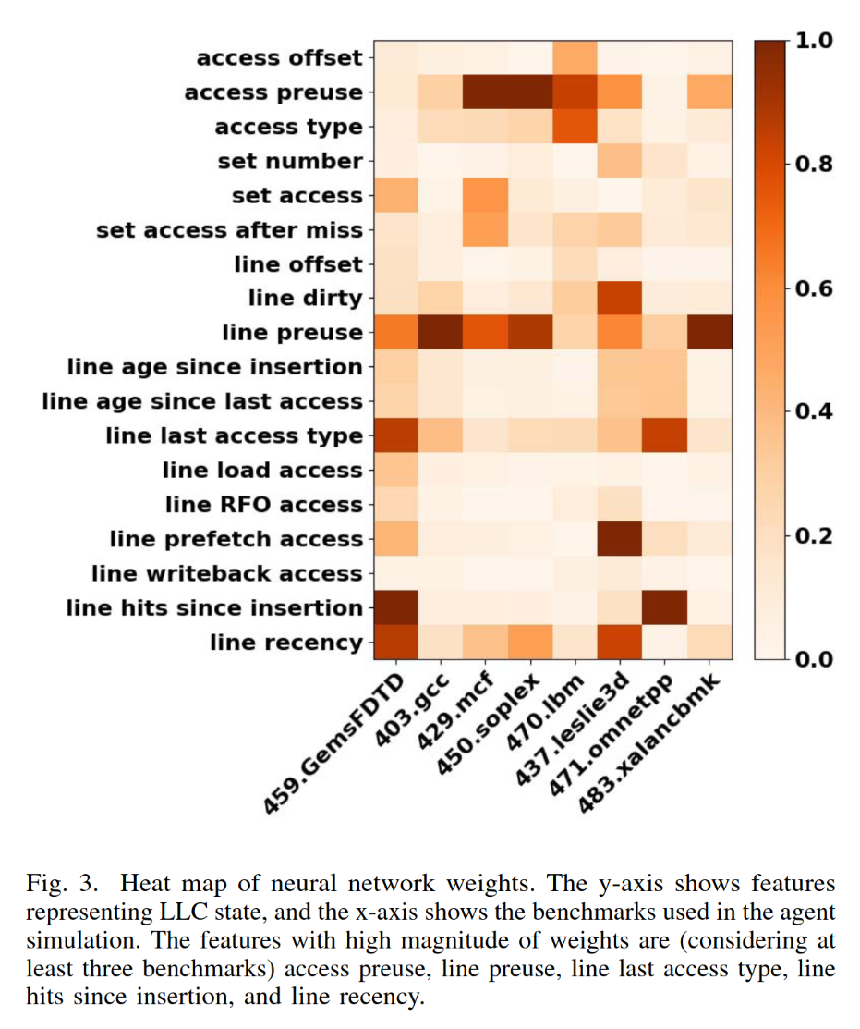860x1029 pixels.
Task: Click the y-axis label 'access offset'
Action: tap(279, 58)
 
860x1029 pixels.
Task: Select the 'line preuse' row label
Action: tap(292, 333)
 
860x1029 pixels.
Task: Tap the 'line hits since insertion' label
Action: tap(214, 607)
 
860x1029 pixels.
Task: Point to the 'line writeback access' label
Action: tap(226, 573)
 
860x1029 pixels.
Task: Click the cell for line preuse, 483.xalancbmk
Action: tap(709, 333)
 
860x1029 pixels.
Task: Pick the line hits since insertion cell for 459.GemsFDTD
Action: tap(396, 607)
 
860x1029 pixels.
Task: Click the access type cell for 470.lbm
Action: tap(575, 127)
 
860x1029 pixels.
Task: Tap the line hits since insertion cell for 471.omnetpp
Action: tap(665, 607)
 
